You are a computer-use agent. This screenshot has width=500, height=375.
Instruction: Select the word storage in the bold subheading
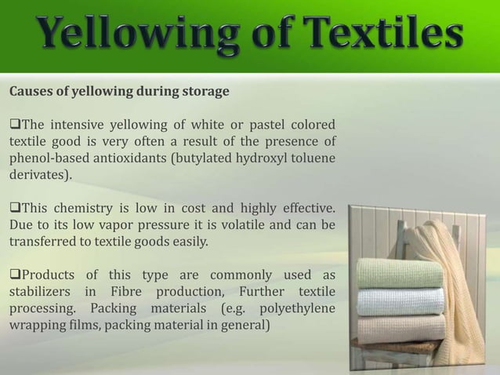point(205,92)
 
